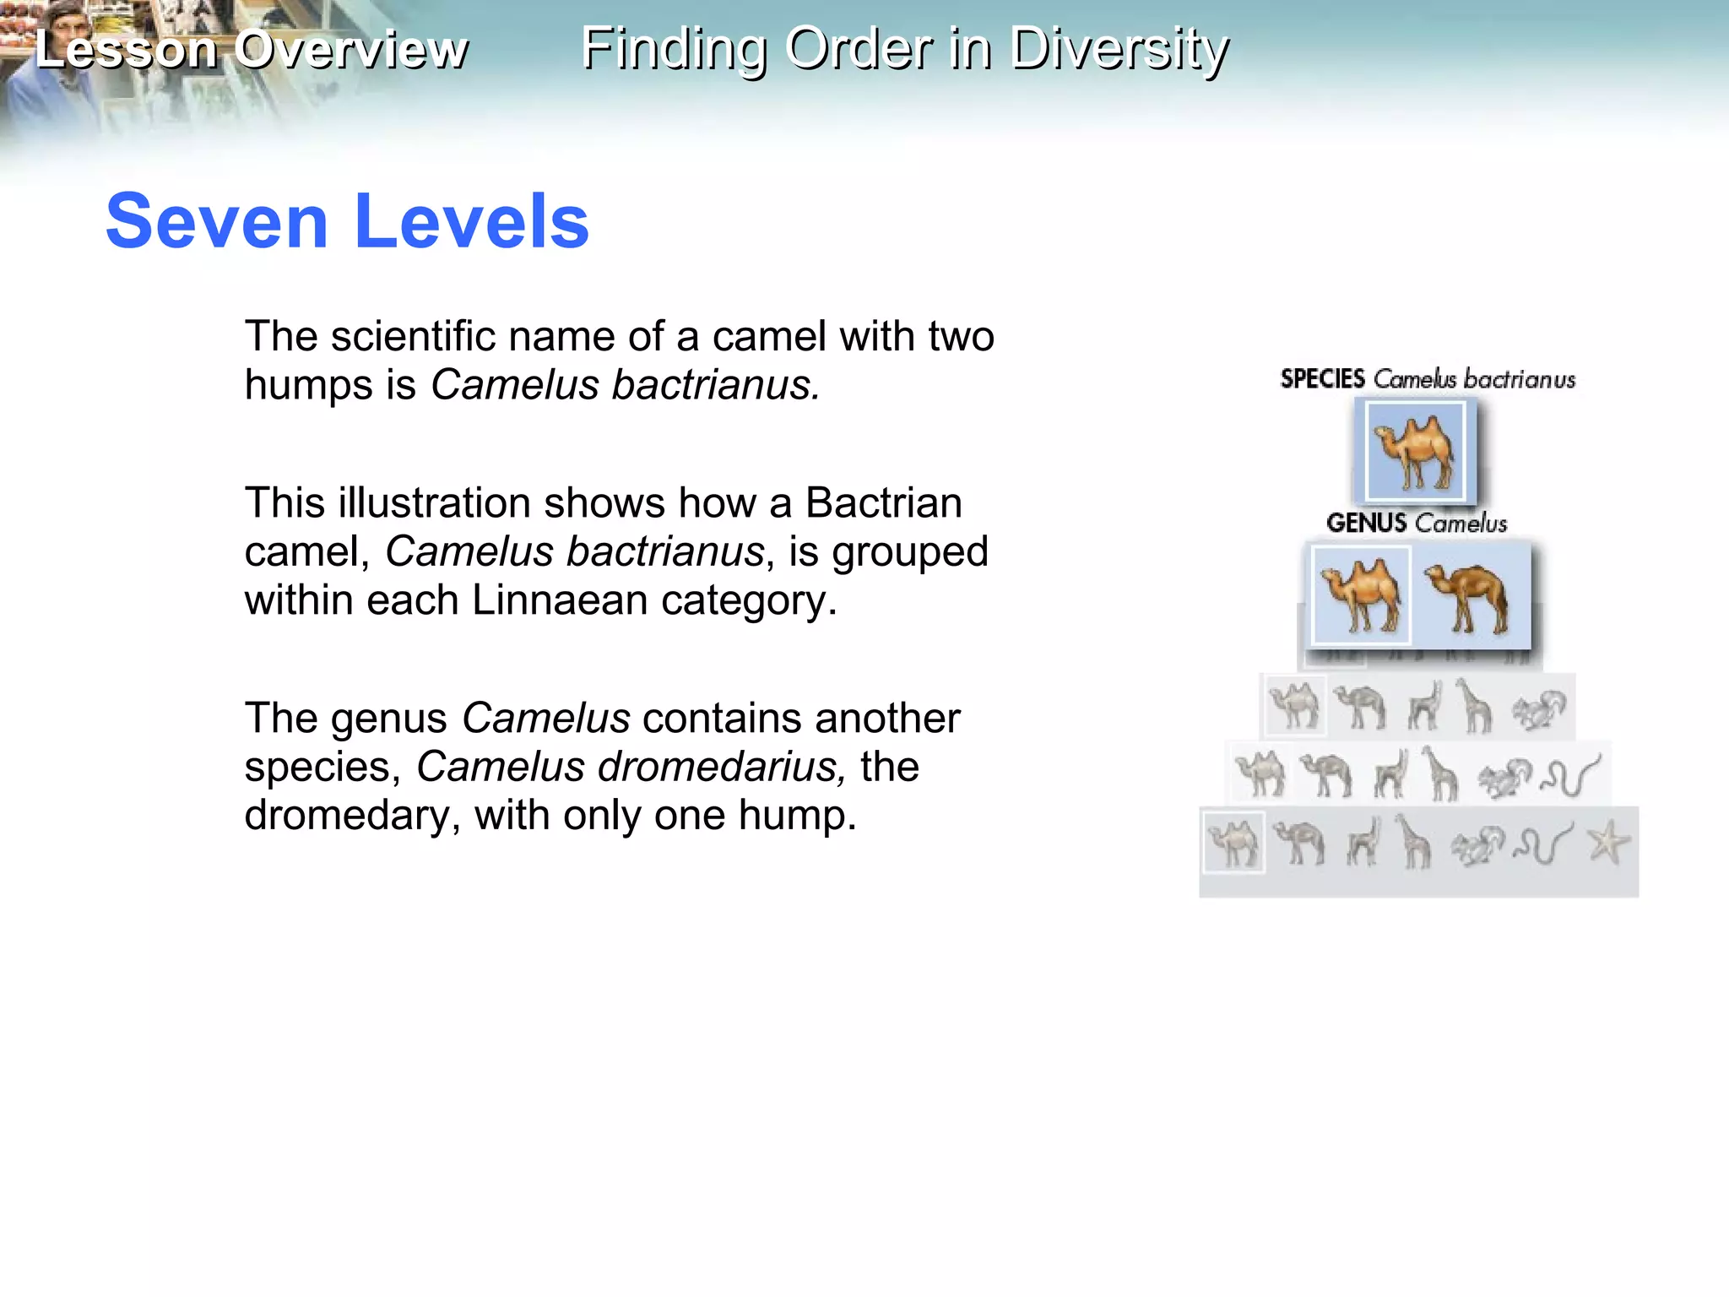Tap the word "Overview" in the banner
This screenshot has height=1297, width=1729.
point(350,49)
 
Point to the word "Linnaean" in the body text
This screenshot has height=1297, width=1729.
point(560,600)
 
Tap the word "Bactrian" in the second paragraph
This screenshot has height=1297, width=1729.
point(883,503)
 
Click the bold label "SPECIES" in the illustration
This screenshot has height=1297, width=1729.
point(1322,379)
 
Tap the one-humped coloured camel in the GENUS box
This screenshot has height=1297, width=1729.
point(1469,598)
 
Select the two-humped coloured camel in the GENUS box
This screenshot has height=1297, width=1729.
point(1360,596)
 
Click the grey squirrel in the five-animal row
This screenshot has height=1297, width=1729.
point(1538,708)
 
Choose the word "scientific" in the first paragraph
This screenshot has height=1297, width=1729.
point(413,337)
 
